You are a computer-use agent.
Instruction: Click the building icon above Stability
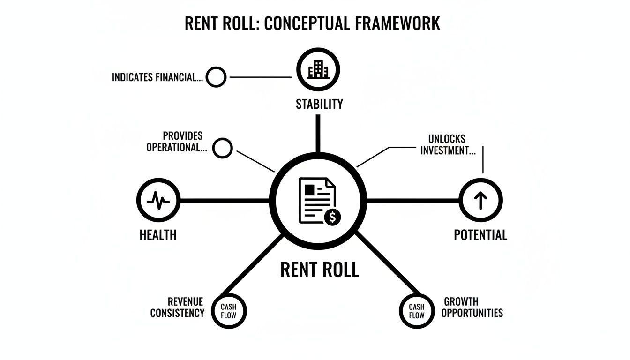point(318,70)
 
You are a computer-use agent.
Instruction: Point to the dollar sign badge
point(332,217)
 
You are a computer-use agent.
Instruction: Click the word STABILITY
point(319,104)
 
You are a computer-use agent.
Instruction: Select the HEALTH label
point(158,234)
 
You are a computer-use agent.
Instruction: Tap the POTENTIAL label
point(480,234)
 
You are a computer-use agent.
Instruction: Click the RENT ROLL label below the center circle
point(319,270)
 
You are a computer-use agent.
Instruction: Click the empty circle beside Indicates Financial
point(216,77)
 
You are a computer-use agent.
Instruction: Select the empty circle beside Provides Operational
point(223,148)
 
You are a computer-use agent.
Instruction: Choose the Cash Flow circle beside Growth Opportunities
point(417,311)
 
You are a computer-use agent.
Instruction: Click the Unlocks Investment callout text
point(447,145)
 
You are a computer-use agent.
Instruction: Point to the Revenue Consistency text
point(178,307)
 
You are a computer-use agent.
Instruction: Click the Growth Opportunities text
point(472,307)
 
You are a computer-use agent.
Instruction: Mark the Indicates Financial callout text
point(157,77)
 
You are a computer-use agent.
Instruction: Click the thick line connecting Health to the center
point(225,201)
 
